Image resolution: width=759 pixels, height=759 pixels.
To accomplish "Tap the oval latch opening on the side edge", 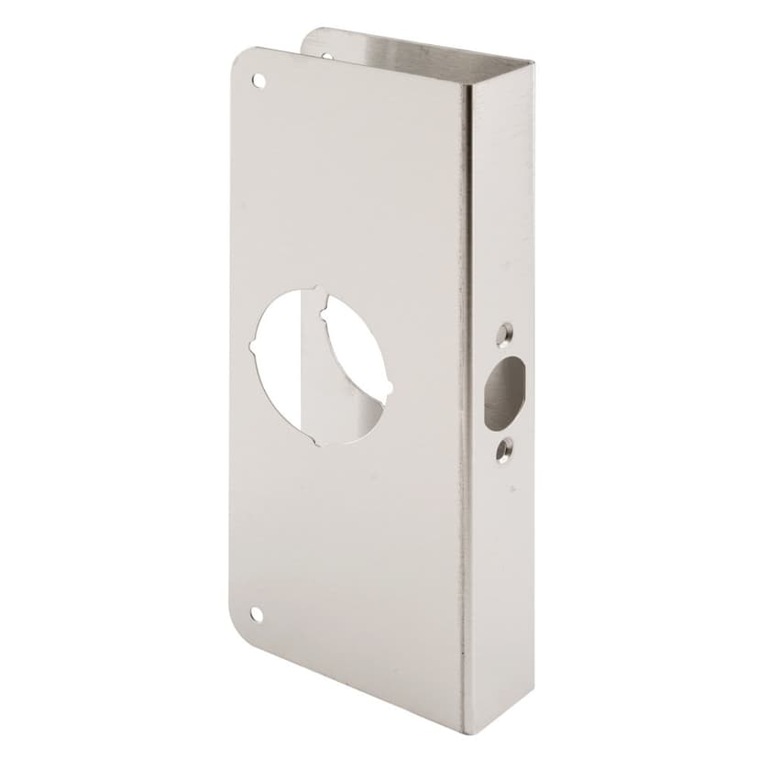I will point(501,393).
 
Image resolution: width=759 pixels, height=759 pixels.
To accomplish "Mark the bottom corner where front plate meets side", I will point(462,731).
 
